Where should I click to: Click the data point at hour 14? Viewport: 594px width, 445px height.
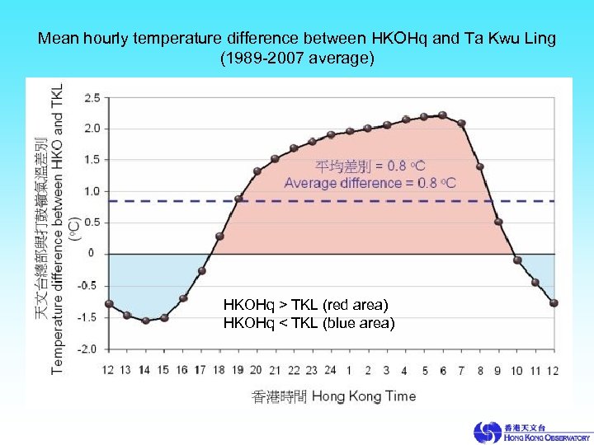coord(146,321)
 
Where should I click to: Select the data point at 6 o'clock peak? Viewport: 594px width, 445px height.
coord(443,115)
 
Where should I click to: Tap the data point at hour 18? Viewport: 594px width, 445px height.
coord(219,237)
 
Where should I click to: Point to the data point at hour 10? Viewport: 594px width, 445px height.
coord(517,260)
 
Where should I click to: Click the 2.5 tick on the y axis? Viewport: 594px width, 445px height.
coord(92,97)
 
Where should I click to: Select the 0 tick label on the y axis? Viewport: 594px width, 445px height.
coord(92,253)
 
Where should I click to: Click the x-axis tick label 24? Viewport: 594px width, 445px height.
coord(330,370)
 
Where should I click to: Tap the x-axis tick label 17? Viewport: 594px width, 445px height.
coord(200,370)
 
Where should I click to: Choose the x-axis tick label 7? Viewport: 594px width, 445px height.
coord(461,370)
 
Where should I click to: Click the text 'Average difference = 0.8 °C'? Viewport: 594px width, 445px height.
coord(370,183)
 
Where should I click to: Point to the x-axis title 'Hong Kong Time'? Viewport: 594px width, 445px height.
coord(364,396)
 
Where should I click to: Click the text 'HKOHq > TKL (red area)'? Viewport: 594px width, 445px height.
coord(305,306)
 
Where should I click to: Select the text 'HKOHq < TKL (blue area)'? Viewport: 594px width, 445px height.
coord(309,323)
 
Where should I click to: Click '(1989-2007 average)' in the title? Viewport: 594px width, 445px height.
coord(297,59)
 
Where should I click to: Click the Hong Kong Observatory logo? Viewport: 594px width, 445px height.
coord(531,432)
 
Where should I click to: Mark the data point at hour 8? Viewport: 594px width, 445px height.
coord(480,167)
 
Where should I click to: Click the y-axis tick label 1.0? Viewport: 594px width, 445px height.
coord(92,191)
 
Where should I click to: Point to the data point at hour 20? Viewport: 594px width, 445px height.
coord(257,171)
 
